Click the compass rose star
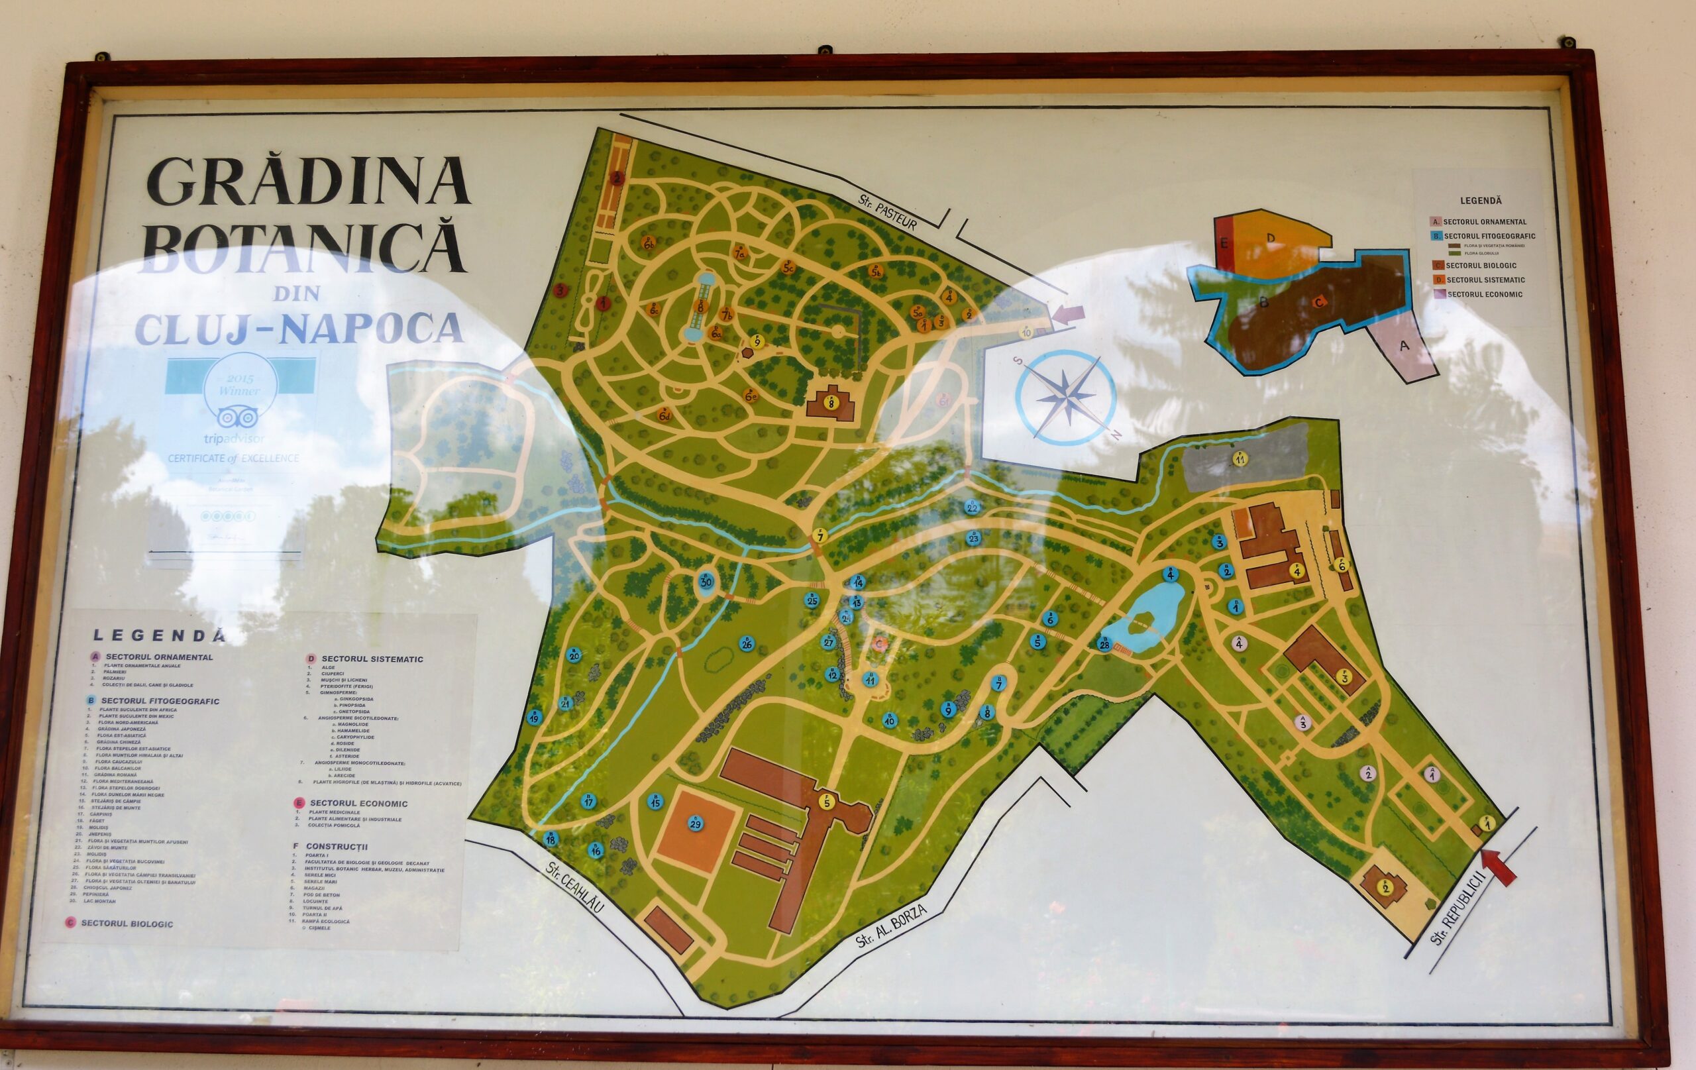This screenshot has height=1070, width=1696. click(x=1065, y=399)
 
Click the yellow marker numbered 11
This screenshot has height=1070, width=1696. click(x=1240, y=459)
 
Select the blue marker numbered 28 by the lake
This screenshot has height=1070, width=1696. click(x=1104, y=644)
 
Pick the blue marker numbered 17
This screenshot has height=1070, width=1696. click(x=589, y=802)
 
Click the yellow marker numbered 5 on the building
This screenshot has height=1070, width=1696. click(x=827, y=802)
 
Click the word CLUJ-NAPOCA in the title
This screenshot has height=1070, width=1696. click(x=299, y=328)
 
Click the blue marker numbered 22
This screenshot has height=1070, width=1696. click(x=973, y=508)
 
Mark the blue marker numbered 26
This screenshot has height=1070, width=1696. click(x=747, y=644)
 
